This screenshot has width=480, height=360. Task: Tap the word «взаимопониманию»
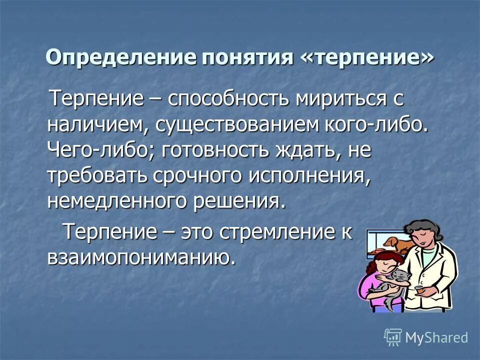click(x=141, y=257)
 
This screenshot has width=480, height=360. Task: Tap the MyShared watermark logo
click(x=426, y=336)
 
